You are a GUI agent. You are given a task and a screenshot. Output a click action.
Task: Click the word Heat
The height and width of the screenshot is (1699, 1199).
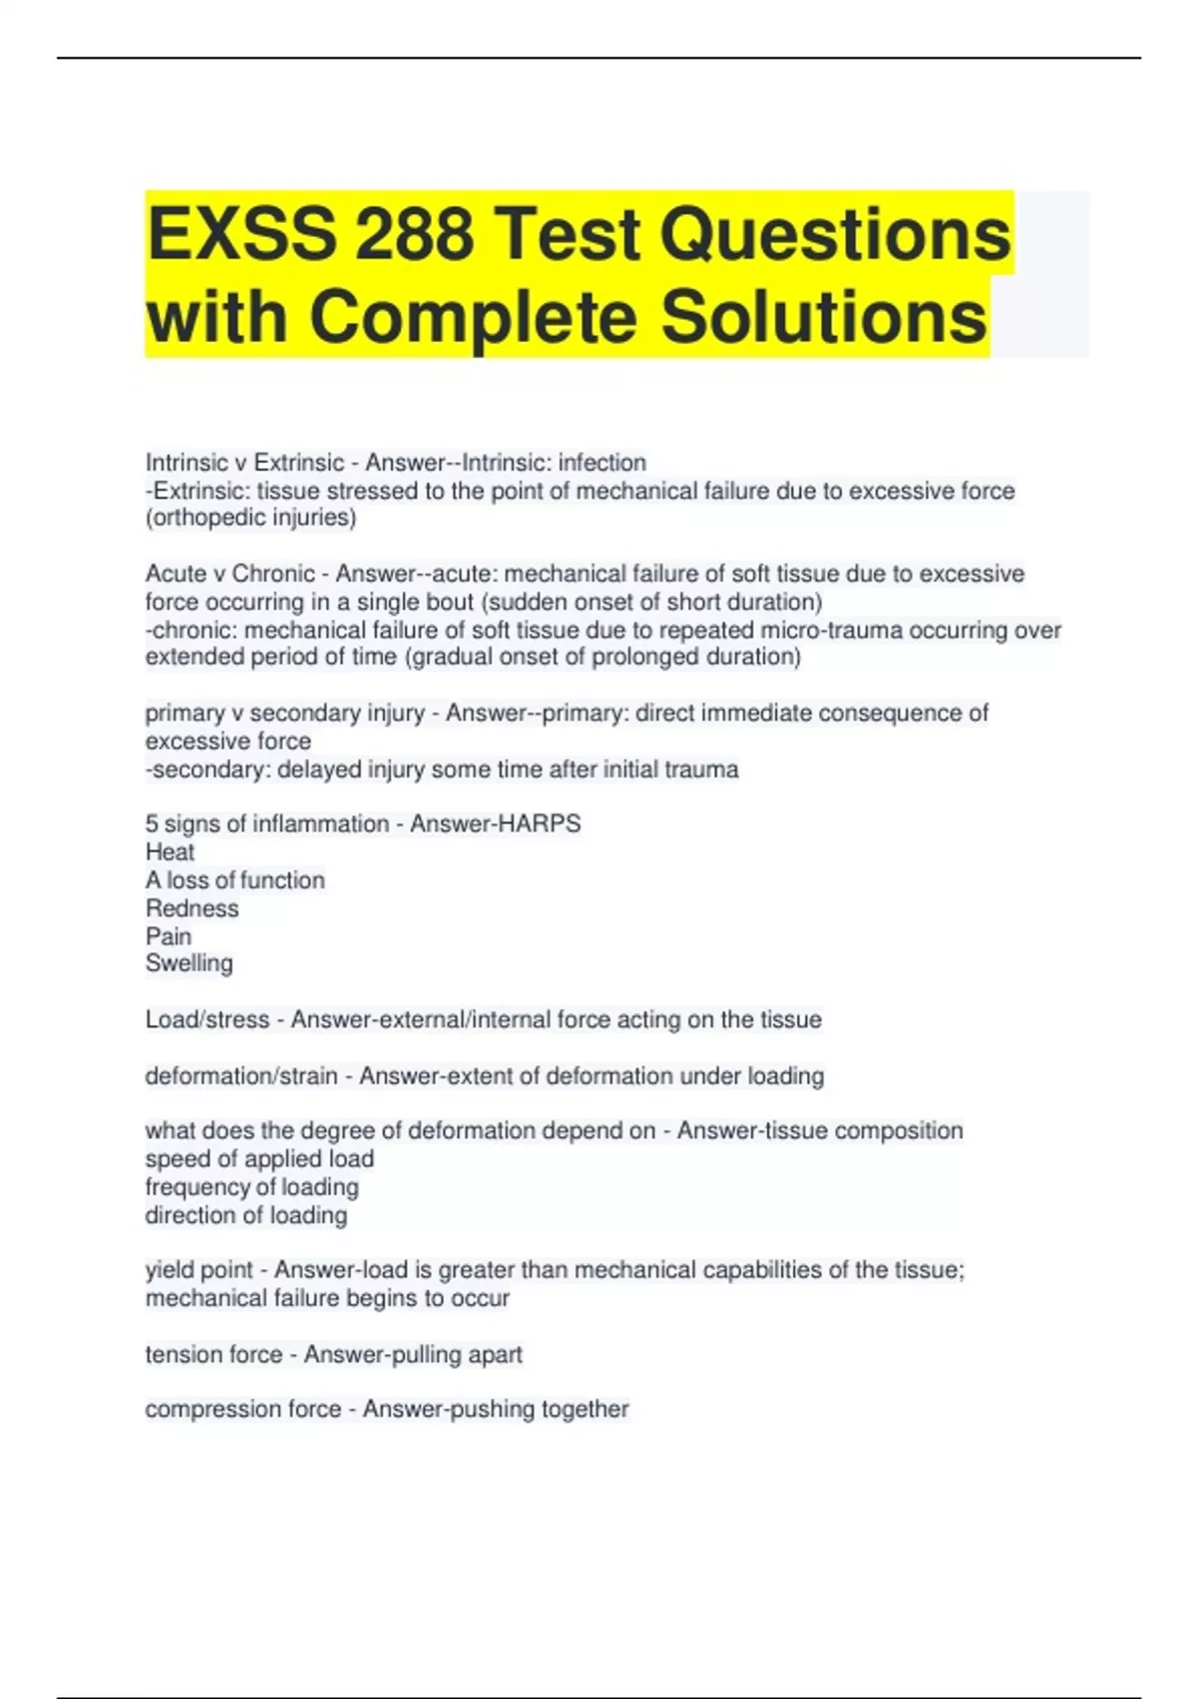[x=170, y=852]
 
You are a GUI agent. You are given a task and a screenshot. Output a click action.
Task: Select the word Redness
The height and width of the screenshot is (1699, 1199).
[x=192, y=908]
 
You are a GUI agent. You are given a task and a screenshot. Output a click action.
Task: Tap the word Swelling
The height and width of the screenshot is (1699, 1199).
[x=189, y=963]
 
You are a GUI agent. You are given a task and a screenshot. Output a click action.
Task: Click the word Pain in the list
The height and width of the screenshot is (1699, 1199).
[x=168, y=936]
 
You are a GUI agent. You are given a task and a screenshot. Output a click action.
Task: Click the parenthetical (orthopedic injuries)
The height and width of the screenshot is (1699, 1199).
[x=251, y=518]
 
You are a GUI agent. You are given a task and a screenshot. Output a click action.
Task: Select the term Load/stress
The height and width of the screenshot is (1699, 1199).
[x=207, y=1019]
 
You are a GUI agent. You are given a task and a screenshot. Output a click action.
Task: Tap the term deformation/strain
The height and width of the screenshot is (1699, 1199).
[x=241, y=1076]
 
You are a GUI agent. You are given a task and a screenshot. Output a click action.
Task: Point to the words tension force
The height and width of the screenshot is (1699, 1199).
[x=214, y=1354]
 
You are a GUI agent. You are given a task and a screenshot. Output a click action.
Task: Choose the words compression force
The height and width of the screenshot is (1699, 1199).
[x=243, y=1409]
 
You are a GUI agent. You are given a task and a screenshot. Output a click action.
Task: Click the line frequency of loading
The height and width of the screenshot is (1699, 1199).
[x=252, y=1187]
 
